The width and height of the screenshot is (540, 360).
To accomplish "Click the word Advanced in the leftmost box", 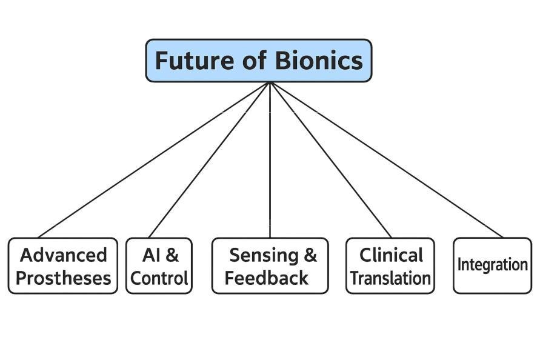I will tap(63, 255).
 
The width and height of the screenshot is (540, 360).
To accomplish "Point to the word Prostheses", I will tap(63, 278).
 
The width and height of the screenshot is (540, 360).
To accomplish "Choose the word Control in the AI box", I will tap(159, 278).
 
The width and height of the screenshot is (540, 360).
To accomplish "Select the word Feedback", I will tap(267, 278).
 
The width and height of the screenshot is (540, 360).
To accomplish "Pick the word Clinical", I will tap(391, 255).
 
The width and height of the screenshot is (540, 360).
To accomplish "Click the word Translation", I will tap(391, 278).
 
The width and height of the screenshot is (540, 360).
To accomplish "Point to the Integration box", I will tap(492, 265).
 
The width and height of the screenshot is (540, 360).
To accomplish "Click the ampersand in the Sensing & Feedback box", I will tap(310, 255).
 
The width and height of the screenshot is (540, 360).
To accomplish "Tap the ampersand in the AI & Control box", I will tap(172, 255).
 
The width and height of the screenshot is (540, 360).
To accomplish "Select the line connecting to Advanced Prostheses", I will tap(154, 159).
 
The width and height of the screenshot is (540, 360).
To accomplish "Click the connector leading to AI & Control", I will tap(209, 159).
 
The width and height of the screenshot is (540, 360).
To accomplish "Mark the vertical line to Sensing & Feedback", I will tap(270, 159).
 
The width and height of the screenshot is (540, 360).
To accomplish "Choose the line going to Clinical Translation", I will tap(330, 159).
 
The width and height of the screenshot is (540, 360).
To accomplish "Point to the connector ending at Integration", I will tap(386, 159).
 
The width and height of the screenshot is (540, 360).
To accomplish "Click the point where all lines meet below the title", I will tap(270, 83).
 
